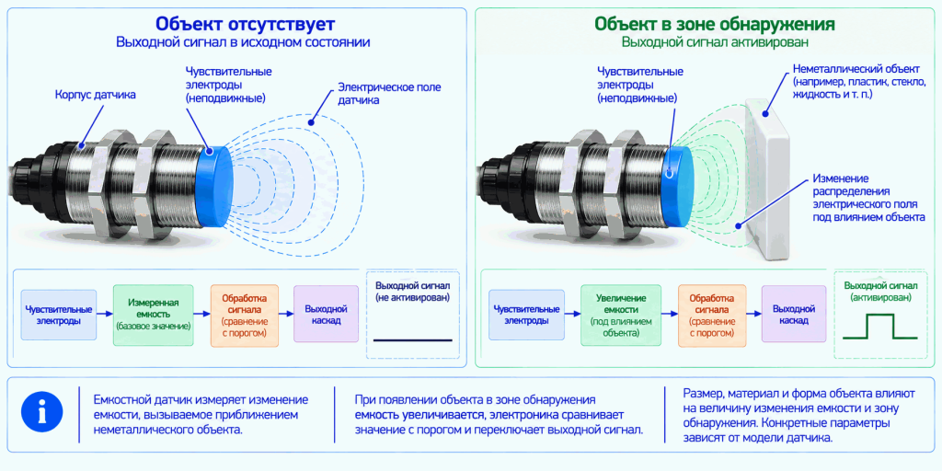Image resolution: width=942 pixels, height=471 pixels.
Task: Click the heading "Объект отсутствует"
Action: point(245,24)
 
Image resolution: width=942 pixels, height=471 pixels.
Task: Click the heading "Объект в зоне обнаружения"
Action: point(714,24)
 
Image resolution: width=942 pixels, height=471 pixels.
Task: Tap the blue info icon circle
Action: point(42,414)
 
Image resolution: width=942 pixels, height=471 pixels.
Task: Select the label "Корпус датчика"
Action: point(96,95)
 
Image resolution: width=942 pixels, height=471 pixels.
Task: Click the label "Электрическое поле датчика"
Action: point(389,94)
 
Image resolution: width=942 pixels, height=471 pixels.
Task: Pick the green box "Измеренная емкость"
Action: point(154,315)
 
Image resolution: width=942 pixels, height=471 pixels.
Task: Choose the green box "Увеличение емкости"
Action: point(621,316)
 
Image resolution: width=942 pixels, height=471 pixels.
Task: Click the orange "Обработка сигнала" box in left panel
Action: point(244,316)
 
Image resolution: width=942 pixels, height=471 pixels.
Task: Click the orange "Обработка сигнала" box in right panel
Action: point(711,316)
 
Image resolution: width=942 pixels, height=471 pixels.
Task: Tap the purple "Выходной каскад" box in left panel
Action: point(327,315)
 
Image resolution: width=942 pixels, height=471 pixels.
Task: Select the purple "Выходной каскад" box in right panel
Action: point(794,315)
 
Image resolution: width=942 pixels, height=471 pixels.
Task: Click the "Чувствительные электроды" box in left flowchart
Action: point(58,315)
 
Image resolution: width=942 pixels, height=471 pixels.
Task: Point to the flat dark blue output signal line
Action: point(412,340)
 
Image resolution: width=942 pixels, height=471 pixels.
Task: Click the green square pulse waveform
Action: point(880,327)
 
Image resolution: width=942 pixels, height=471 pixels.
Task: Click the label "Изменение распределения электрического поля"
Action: point(868,198)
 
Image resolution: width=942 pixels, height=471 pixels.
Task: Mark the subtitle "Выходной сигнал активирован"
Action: point(714,42)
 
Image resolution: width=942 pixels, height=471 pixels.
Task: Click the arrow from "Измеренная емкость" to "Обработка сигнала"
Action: point(201,314)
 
